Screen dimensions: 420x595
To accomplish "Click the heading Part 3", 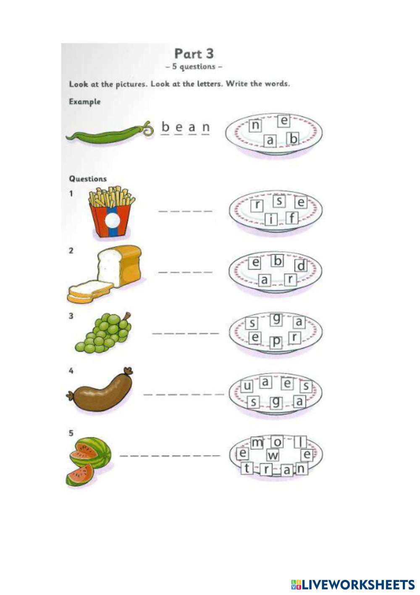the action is point(194,54).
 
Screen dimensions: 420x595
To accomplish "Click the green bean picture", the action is point(108,133).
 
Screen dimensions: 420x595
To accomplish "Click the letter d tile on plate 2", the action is point(301,266).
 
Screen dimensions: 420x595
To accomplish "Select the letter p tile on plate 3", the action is point(276,343).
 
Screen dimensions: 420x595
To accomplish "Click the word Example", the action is point(84,101).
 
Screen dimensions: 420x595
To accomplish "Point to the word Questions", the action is point(88,179).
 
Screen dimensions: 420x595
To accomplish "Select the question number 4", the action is point(71,371).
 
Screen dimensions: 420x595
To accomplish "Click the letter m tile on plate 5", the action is point(257,442).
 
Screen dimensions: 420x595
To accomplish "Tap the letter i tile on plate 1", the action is point(273,220).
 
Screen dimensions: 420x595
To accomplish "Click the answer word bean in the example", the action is point(185,127).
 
